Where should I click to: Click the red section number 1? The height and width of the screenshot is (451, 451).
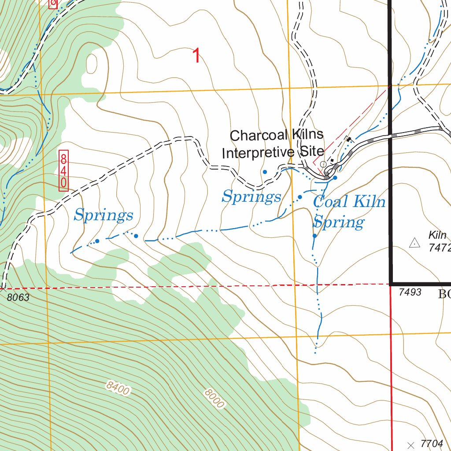pos(196,56)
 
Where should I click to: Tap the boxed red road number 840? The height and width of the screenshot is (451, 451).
pos(64,170)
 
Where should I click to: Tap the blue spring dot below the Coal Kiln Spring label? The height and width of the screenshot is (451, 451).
pos(314,236)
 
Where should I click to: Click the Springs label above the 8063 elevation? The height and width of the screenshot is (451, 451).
pos(104,215)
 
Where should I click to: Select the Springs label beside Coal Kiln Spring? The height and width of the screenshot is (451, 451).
pos(251,196)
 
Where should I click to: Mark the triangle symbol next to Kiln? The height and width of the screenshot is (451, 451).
pos(414,242)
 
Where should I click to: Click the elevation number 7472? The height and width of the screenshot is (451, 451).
pos(440,248)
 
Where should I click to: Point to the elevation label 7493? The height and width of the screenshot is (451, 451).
pos(410,292)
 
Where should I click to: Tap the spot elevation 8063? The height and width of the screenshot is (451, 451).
pos(18,298)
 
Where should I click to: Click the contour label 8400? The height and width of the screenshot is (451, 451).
pos(118,389)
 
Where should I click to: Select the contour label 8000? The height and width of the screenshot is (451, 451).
pos(214,399)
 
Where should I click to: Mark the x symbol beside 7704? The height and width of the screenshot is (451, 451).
pos(411,444)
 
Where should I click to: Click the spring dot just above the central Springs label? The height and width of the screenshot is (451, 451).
pos(265,172)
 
